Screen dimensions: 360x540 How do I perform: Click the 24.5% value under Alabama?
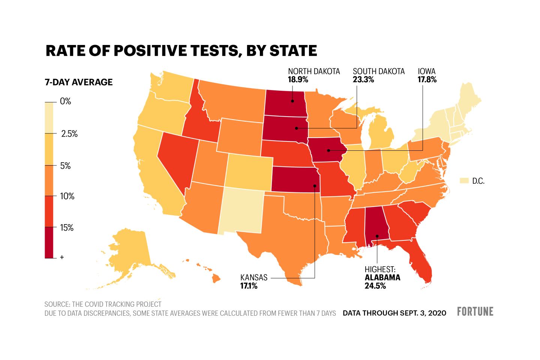pos(375,286)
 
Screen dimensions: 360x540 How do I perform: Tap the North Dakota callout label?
pos(314,71)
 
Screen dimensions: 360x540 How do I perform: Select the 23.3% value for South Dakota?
pos(363,79)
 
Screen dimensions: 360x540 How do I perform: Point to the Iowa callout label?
pos(427,71)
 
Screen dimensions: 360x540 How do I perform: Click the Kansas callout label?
pos(254,277)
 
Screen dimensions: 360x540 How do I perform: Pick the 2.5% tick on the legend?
pos(69,134)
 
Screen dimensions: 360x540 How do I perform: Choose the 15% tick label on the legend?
pos(67,228)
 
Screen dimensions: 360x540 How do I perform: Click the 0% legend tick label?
pos(65,101)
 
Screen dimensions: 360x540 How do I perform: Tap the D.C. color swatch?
pos(464,181)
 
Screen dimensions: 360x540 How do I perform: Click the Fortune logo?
pos(475,312)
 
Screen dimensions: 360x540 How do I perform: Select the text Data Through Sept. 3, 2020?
pos(394,313)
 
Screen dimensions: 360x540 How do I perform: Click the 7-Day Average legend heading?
pos(79,82)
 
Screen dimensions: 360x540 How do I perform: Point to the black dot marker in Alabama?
pos(377,236)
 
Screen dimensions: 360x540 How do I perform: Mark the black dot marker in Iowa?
pos(328,150)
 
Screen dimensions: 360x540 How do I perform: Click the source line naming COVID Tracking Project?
pos(103,304)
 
